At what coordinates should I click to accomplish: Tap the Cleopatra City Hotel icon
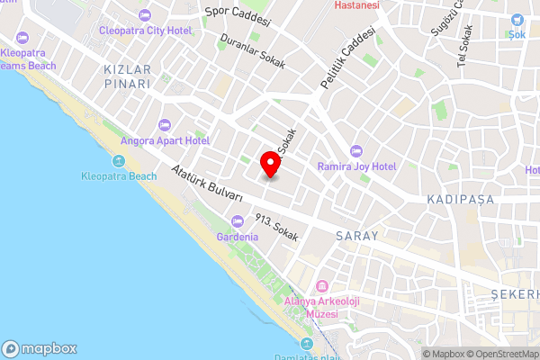145,15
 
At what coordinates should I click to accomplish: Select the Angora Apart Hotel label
166,141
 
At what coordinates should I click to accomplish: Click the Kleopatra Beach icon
119,161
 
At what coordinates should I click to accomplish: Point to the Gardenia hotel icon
238,221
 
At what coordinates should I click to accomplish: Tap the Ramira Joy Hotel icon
355,150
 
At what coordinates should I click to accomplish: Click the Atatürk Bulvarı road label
208,183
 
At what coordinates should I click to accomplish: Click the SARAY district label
356,235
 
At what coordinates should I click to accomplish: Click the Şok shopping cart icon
517,21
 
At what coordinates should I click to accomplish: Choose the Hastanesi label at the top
356,4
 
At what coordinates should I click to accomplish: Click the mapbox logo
40,348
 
